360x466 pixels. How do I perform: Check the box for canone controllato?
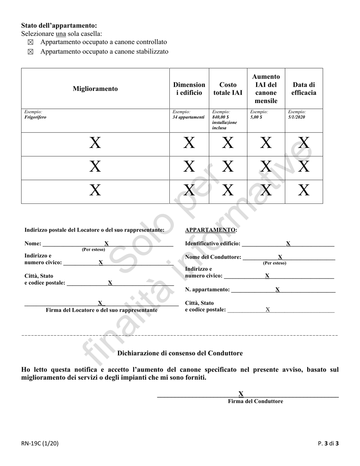pyautogui.click(x=31, y=42)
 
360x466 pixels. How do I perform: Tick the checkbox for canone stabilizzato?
pyautogui.click(x=31, y=52)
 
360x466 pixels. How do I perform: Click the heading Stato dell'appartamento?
pyautogui.click(x=59, y=25)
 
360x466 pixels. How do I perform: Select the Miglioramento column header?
pyautogui.click(x=95, y=89)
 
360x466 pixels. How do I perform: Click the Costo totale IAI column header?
pyautogui.click(x=228, y=89)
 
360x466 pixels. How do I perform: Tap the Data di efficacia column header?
pyautogui.click(x=304, y=89)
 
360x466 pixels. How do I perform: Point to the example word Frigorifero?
pyautogui.click(x=35, y=117)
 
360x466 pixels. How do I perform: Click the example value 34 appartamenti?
pyautogui.click(x=188, y=117)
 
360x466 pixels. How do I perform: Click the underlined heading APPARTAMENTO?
pyautogui.click(x=211, y=230)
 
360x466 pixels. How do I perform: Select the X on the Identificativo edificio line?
pyautogui.click(x=288, y=243)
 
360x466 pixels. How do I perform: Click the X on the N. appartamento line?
pyautogui.click(x=277, y=289)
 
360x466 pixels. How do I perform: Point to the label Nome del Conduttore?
pyautogui.click(x=213, y=257)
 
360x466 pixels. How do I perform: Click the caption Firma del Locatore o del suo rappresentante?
pyautogui.click(x=102, y=310)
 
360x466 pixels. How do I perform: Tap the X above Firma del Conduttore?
pyautogui.click(x=241, y=394)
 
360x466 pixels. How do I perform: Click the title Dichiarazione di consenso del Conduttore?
pyautogui.click(x=180, y=353)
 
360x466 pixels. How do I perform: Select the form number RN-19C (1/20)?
pyautogui.click(x=40, y=443)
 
